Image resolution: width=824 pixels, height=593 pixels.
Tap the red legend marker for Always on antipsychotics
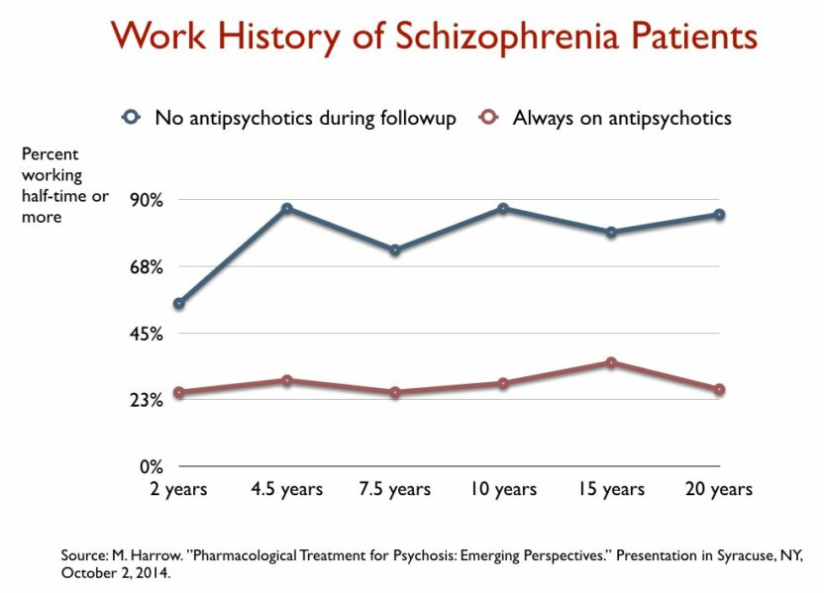(487, 118)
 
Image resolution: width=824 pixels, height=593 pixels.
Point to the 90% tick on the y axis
(145, 200)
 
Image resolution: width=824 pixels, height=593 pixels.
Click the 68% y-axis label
(145, 266)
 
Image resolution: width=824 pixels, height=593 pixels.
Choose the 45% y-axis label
(145, 334)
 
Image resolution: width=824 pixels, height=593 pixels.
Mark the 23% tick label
(145, 400)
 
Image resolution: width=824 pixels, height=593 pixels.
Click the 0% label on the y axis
(149, 466)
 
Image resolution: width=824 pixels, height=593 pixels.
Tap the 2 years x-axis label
(179, 489)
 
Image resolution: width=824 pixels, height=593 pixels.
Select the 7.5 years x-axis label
(394, 489)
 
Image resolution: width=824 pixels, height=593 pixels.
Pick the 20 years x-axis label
(719, 489)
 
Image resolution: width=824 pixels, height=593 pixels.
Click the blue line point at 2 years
(178, 304)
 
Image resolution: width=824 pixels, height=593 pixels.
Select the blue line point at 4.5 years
(286, 209)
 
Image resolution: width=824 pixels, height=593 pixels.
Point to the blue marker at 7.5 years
(394, 250)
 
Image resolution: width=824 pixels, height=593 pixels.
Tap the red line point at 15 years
(611, 362)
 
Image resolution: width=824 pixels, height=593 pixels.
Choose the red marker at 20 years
(719, 390)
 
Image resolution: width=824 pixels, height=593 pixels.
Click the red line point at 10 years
(503, 383)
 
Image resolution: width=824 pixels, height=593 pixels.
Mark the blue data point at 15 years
(611, 233)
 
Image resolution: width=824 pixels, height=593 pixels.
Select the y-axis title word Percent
(51, 154)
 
